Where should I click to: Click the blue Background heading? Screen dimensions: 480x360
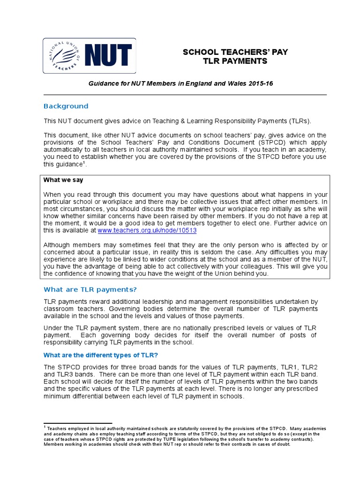[66, 106]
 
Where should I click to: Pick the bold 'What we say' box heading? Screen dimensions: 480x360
[63, 180]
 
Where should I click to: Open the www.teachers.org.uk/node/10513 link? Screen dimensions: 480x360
[147, 231]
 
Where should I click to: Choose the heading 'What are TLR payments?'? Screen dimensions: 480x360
[90, 289]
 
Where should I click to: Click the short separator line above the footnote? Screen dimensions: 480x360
[77, 423]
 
